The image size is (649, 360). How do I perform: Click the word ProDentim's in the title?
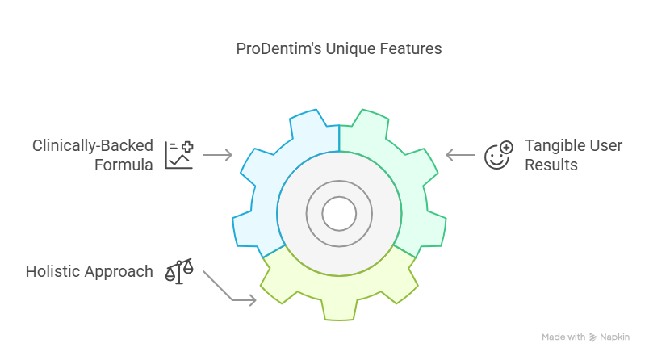click(278, 48)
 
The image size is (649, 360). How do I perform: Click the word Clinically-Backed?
click(93, 146)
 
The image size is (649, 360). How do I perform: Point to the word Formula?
click(124, 165)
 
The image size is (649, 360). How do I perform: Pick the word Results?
click(551, 165)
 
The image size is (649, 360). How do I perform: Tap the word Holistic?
click(52, 272)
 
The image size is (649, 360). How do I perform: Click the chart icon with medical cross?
click(179, 155)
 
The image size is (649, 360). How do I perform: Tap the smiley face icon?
click(499, 155)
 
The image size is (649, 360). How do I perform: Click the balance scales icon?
click(179, 271)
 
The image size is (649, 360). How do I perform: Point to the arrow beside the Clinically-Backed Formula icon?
click(217, 155)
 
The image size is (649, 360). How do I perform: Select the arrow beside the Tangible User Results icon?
click(461, 155)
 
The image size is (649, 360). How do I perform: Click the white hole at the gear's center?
click(339, 214)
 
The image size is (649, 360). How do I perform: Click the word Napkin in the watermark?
click(614, 337)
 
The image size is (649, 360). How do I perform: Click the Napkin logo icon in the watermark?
click(592, 337)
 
